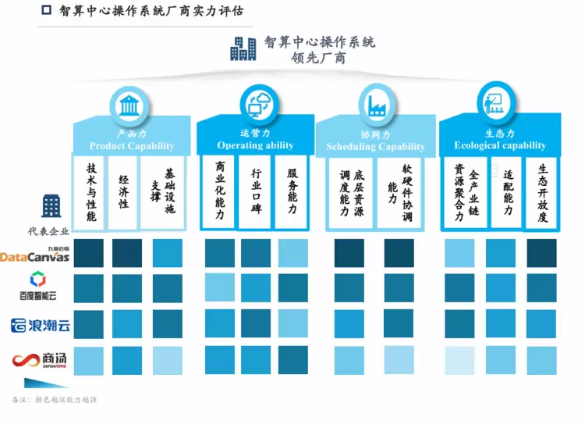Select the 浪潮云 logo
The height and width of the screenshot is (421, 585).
pos(40,325)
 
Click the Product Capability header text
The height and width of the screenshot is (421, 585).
pos(132,146)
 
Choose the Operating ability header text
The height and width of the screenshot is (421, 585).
pos(255,145)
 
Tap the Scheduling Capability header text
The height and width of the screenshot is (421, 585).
pos(375,146)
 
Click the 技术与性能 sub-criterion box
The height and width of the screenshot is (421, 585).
pos(91,192)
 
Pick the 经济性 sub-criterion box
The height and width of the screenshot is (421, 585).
pos(123,192)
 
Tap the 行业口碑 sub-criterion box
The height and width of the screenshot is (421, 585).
pos(256,192)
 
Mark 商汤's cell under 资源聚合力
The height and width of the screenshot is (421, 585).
pos(459,360)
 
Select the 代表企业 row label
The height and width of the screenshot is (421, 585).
pos(48,230)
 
